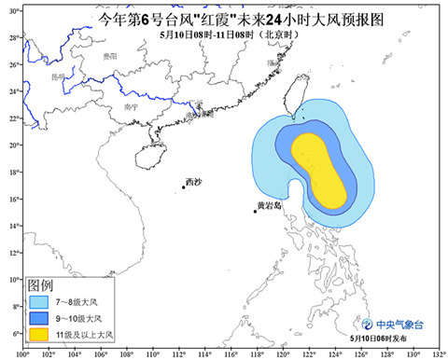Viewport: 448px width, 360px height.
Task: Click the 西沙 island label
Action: (x=193, y=181)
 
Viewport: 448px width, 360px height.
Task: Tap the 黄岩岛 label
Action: (x=268, y=205)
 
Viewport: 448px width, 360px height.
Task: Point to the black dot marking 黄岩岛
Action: (x=255, y=212)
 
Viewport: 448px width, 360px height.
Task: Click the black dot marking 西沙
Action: (x=183, y=187)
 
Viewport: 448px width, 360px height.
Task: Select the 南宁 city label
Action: (x=130, y=107)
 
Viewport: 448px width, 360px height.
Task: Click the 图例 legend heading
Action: (x=40, y=284)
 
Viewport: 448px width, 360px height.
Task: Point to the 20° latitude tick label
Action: (x=14, y=145)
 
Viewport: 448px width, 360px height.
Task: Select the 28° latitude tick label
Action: (x=14, y=37)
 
